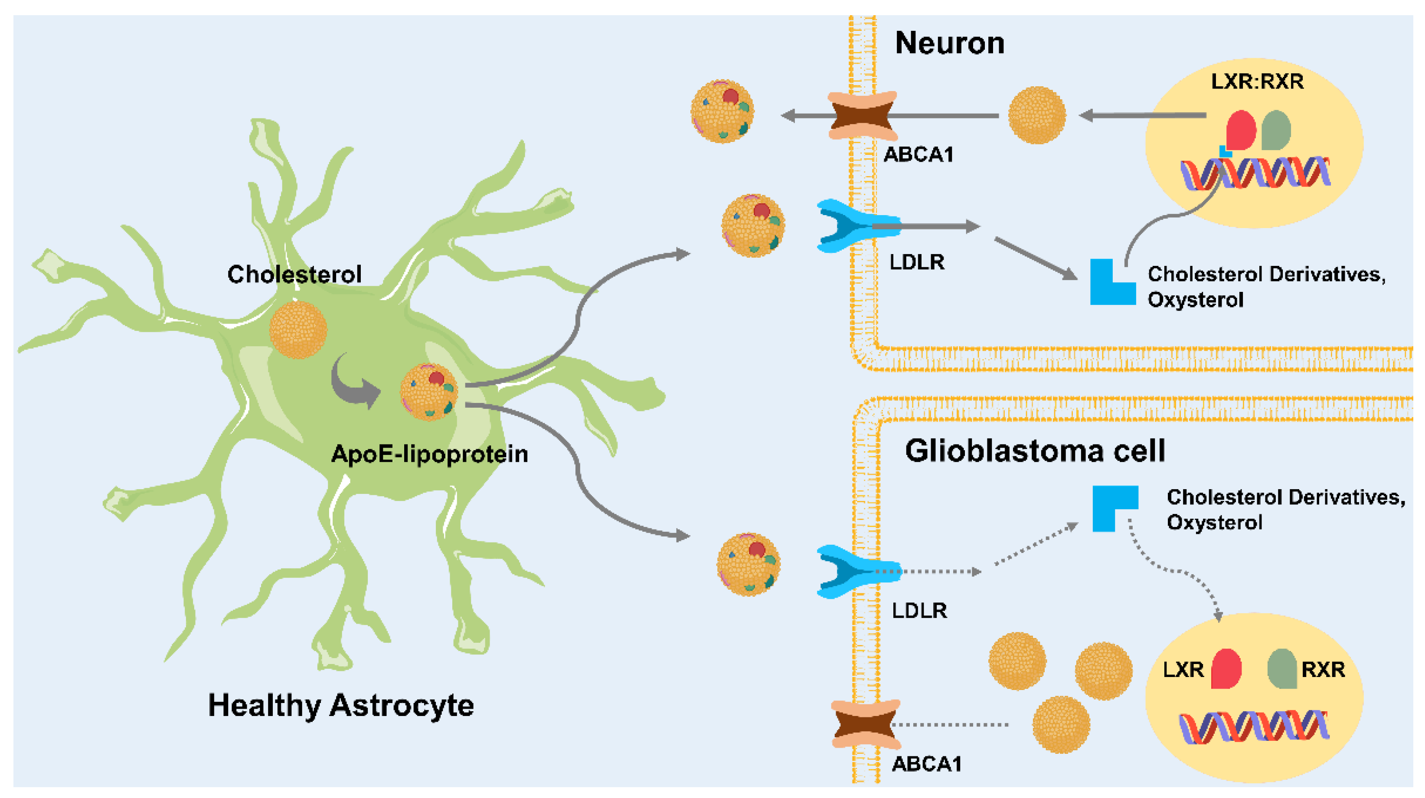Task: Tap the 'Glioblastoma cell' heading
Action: [1035, 451]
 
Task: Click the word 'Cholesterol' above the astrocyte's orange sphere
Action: [294, 274]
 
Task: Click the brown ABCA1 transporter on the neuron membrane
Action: [863, 116]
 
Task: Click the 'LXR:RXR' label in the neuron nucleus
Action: [1257, 82]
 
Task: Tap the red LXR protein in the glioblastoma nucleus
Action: [1226, 668]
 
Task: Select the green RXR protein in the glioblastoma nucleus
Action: [1282, 668]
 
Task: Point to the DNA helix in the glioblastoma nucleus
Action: [1254, 726]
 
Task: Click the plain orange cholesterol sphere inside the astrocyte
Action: [298, 330]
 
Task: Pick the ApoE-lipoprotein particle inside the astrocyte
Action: [429, 392]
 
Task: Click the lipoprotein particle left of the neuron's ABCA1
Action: [722, 111]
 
